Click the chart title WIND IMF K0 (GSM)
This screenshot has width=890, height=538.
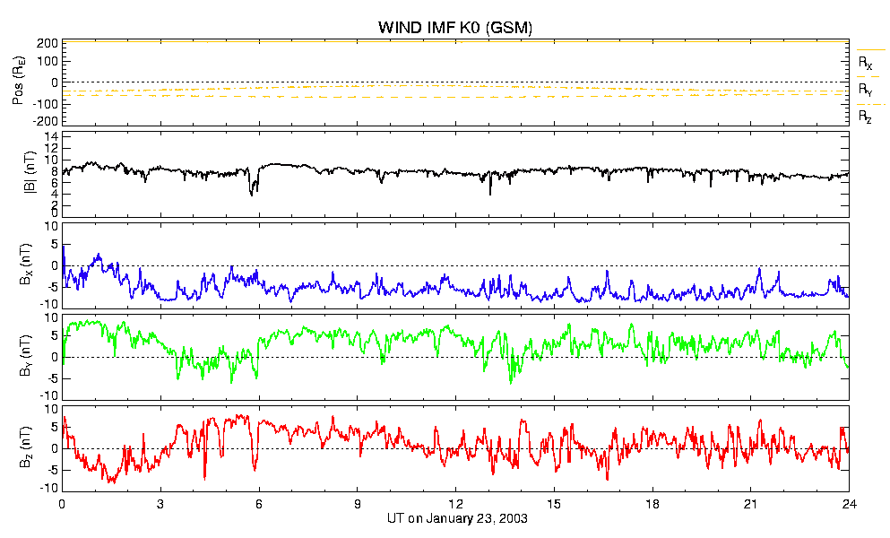(x=455, y=27)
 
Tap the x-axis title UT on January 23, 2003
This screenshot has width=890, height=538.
(x=457, y=518)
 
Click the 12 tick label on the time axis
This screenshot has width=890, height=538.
(x=456, y=503)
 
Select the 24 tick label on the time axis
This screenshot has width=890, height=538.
(x=849, y=503)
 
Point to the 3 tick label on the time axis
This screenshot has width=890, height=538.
(x=160, y=503)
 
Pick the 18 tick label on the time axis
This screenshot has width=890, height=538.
(x=652, y=503)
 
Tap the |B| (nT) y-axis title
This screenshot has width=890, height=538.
(x=30, y=173)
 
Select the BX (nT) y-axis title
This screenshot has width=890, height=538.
(x=26, y=265)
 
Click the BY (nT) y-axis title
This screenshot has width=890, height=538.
(x=26, y=356)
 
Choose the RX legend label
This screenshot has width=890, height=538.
(x=865, y=63)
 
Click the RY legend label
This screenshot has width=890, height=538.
(x=865, y=91)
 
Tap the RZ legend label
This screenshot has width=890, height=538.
(x=865, y=117)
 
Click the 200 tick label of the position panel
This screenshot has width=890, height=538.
(x=48, y=43)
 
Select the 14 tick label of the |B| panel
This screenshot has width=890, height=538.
(x=52, y=136)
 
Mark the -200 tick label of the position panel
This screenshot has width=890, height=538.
(x=46, y=121)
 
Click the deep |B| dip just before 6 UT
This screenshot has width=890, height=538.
(x=252, y=190)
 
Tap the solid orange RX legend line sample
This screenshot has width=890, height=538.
(x=870, y=50)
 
